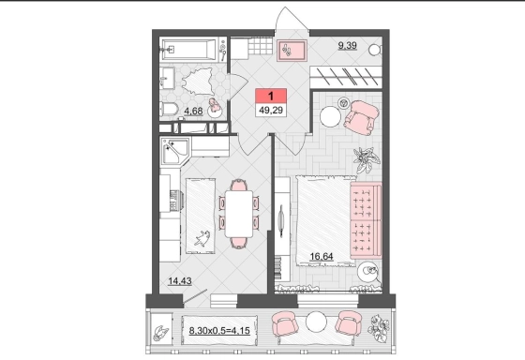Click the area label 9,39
coord(347,45)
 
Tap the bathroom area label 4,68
coord(193,111)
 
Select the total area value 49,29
coord(271,110)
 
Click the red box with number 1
coord(271,96)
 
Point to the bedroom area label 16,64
coord(322,257)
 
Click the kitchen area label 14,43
coord(180,280)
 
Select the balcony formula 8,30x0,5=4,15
coord(219,331)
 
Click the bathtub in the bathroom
coord(189,50)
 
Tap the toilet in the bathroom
coord(169,109)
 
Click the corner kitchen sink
coord(175,152)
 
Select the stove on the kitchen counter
coord(174,201)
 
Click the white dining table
coord(239,214)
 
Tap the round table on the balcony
coord(316,322)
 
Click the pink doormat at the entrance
coord(292,51)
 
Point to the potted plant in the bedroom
coord(367,159)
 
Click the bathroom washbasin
coord(167,78)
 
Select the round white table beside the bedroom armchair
coord(330,116)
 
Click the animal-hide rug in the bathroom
coord(198,82)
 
